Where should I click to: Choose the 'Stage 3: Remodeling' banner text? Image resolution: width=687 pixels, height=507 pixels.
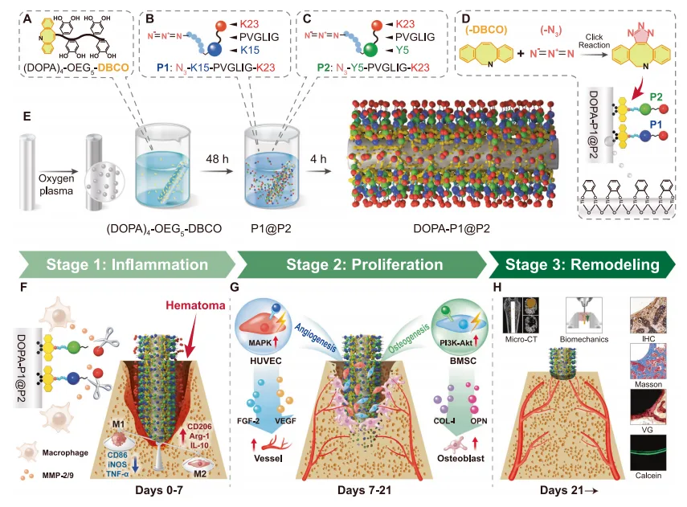(x=588, y=265)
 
